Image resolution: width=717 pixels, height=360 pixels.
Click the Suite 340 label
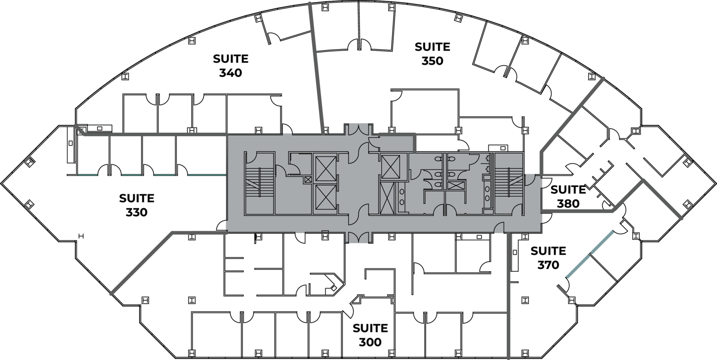pyautogui.click(x=231, y=66)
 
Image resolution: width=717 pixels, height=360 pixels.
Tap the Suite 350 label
pyautogui.click(x=432, y=54)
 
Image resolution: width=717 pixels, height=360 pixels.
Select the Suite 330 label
pyautogui.click(x=137, y=205)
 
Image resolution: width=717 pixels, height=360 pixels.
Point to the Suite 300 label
pyautogui.click(x=370, y=335)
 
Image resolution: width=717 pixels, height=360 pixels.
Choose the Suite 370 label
pyautogui.click(x=548, y=258)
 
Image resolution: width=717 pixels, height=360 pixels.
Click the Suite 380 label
pyautogui.click(x=568, y=196)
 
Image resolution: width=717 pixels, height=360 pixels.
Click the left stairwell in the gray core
pyautogui.click(x=259, y=183)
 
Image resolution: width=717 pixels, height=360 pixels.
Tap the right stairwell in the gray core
pyautogui.click(x=509, y=183)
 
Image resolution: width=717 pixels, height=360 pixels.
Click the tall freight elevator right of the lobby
pyautogui.click(x=387, y=198)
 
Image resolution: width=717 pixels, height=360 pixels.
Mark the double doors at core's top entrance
pyautogui.click(x=358, y=129)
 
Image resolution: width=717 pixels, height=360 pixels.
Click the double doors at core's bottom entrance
pyautogui.click(x=358, y=237)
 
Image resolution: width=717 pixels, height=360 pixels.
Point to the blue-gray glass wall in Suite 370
pyautogui.click(x=590, y=253)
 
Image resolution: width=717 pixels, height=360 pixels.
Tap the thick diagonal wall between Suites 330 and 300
pyautogui.click(x=141, y=263)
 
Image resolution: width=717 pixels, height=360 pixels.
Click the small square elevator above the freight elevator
pyautogui.click(x=390, y=166)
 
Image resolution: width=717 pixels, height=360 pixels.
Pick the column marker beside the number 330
pyautogui.click(x=81, y=236)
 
